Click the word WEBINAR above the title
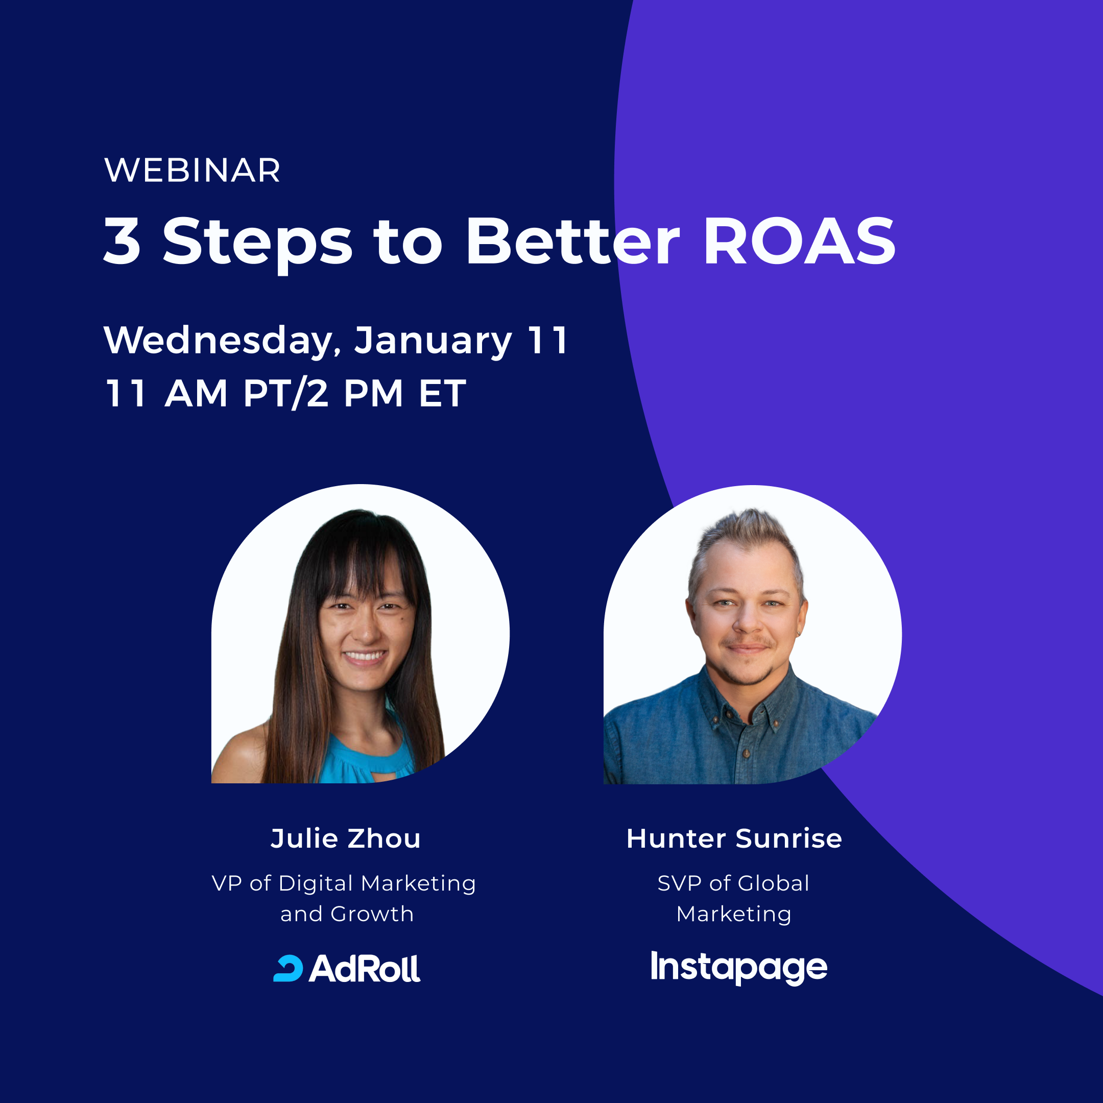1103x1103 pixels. [193, 170]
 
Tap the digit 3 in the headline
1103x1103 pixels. [122, 241]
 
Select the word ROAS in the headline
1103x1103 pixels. [799, 241]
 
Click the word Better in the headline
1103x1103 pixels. [572, 241]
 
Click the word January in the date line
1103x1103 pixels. [433, 340]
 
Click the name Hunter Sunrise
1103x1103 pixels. [734, 838]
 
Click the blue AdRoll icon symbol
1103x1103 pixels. [289, 969]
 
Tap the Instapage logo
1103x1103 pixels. [739, 967]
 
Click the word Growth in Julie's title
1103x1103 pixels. [372, 914]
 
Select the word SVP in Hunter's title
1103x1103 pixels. [679, 883]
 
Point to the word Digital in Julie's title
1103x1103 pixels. [316, 883]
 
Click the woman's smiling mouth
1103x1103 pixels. [364, 656]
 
